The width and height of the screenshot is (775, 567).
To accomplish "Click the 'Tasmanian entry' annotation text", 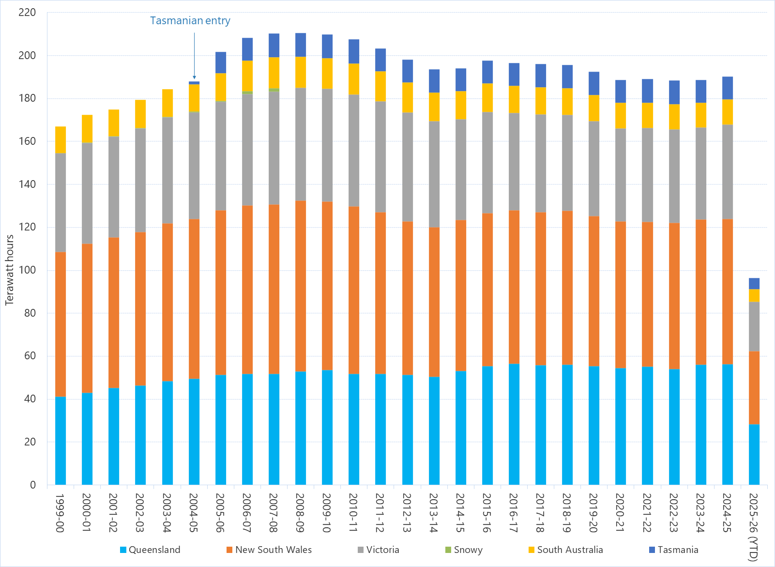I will point(190,21).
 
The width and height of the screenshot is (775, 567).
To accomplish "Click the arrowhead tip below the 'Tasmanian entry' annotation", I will point(194,78).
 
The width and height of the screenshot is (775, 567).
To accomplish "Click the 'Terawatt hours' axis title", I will point(10,270).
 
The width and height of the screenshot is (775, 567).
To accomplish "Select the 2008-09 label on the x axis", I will point(300,513).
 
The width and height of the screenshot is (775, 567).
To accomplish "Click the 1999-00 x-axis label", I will point(60,513).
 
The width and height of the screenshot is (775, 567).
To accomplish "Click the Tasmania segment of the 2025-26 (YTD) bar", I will point(754,283).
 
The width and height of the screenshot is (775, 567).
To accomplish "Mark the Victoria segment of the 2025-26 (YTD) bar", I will point(754,326).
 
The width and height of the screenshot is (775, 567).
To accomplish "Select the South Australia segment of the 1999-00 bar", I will point(61,140).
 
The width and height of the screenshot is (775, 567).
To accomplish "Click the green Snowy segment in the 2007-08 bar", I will point(274,90).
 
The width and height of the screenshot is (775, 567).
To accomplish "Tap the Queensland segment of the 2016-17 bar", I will point(514,424).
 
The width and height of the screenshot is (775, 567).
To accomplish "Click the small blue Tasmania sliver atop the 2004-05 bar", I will point(194,83).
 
